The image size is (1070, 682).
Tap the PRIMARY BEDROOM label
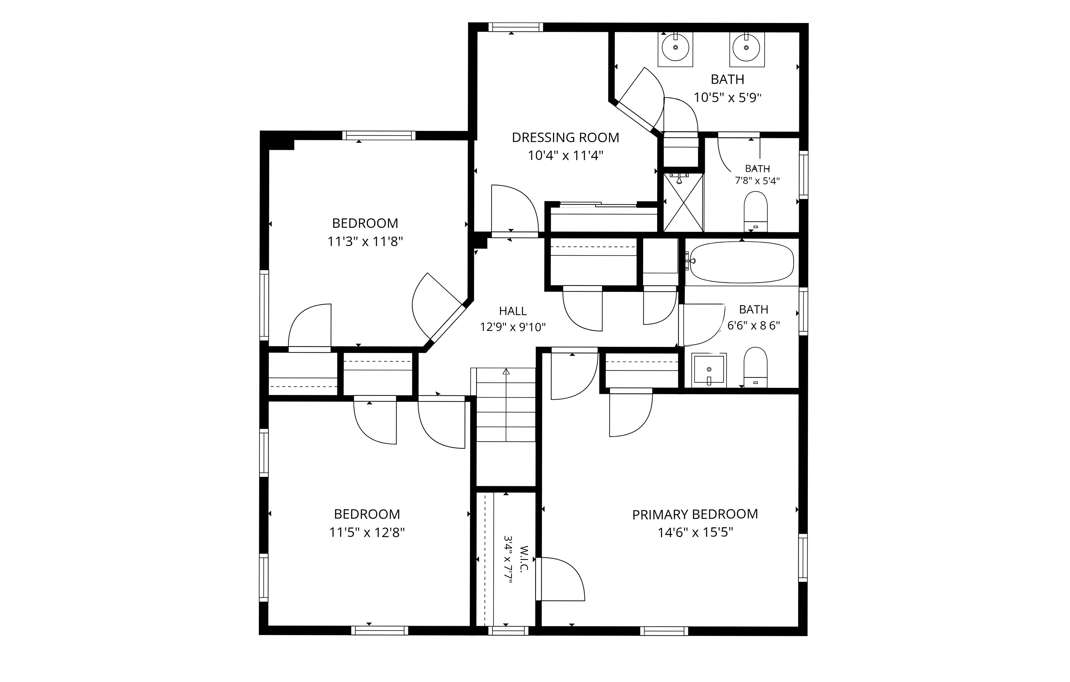pyautogui.click(x=695, y=514)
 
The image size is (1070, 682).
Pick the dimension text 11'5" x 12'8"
pyautogui.click(x=367, y=532)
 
